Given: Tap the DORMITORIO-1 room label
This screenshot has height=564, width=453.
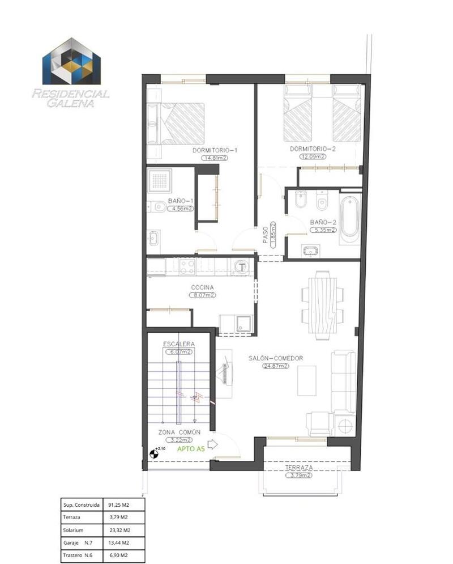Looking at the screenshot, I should pos(215,150).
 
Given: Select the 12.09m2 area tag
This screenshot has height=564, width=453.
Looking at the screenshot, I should pos(312,157).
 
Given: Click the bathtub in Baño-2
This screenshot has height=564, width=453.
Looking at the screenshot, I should pos(351,218).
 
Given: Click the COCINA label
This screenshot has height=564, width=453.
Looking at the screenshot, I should pos(202,287).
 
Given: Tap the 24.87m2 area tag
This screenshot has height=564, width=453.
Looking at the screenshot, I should pos(276,366).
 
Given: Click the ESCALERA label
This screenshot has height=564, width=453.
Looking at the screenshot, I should pos(179,344).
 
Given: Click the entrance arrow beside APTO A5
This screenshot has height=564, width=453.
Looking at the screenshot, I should pos(213,445).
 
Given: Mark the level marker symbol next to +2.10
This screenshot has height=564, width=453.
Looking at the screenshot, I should pos(153,453).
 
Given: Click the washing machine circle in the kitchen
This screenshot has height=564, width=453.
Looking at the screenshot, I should pos(241,266).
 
